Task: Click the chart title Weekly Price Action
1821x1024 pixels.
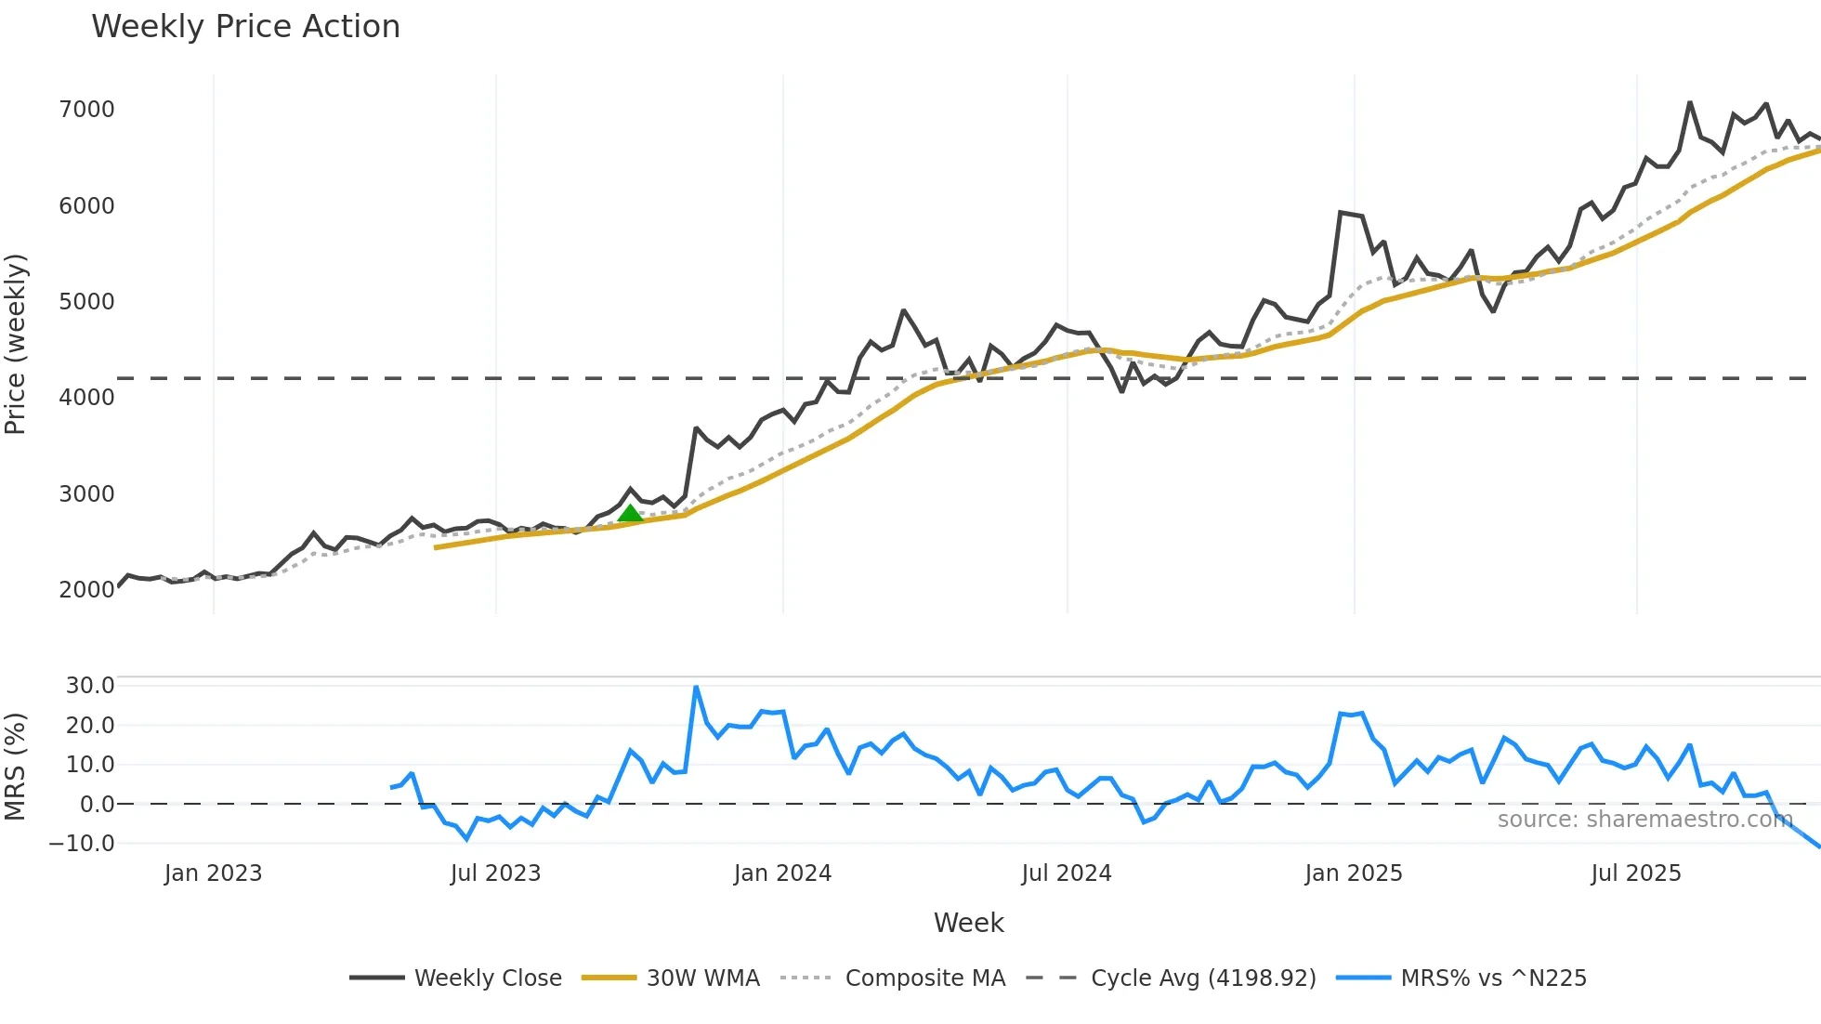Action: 245,27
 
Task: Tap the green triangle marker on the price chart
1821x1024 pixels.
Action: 630,514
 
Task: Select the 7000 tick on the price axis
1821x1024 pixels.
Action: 86,110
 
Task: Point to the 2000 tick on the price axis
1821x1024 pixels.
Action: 86,589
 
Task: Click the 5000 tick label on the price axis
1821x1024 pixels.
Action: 86,302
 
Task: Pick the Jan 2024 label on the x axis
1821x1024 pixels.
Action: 782,873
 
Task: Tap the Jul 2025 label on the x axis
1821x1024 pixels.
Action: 1635,873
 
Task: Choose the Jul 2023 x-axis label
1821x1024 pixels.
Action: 495,873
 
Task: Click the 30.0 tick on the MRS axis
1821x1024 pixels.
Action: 90,686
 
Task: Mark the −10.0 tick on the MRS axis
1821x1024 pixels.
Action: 83,844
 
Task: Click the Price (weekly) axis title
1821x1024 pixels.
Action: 16,344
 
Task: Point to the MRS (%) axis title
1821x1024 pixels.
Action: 16,767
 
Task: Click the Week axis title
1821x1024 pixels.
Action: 968,923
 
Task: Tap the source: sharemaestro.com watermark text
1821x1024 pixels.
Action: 1644,820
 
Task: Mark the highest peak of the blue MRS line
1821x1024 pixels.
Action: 696,687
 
